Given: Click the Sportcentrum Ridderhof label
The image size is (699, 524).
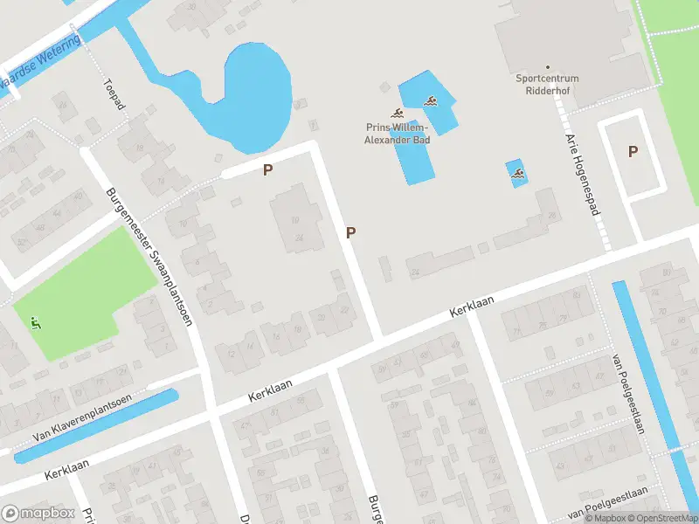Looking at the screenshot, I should point(547,84).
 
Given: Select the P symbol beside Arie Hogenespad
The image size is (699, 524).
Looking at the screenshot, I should point(633,151).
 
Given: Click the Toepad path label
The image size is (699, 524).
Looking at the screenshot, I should point(114,94).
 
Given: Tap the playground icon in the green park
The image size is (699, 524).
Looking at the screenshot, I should point(35,323).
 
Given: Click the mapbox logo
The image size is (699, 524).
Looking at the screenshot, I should point(37,514).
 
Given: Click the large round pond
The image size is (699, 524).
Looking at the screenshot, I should point(255,92).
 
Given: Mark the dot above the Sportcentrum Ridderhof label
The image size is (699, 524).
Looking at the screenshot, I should point(548,67).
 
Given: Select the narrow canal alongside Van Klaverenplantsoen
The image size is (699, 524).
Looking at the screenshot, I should point(96,425).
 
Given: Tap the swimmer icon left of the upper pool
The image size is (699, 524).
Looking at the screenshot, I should point(397,114).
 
